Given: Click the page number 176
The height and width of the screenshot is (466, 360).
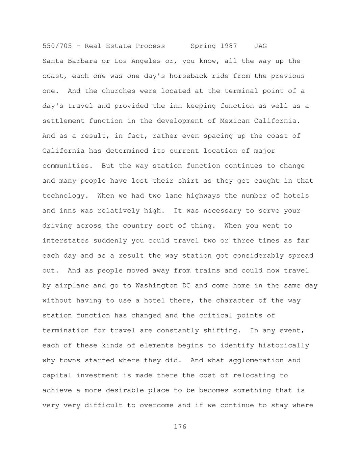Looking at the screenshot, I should (x=180, y=427).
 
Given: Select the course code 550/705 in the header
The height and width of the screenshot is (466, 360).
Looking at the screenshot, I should (x=57, y=46).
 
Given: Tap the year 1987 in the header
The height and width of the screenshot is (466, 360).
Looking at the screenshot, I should (x=229, y=46).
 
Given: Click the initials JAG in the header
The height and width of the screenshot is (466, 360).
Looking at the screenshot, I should (x=260, y=46).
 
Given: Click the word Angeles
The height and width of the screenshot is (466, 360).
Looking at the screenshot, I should (x=146, y=61).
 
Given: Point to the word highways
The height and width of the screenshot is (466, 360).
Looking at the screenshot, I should (x=203, y=196).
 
